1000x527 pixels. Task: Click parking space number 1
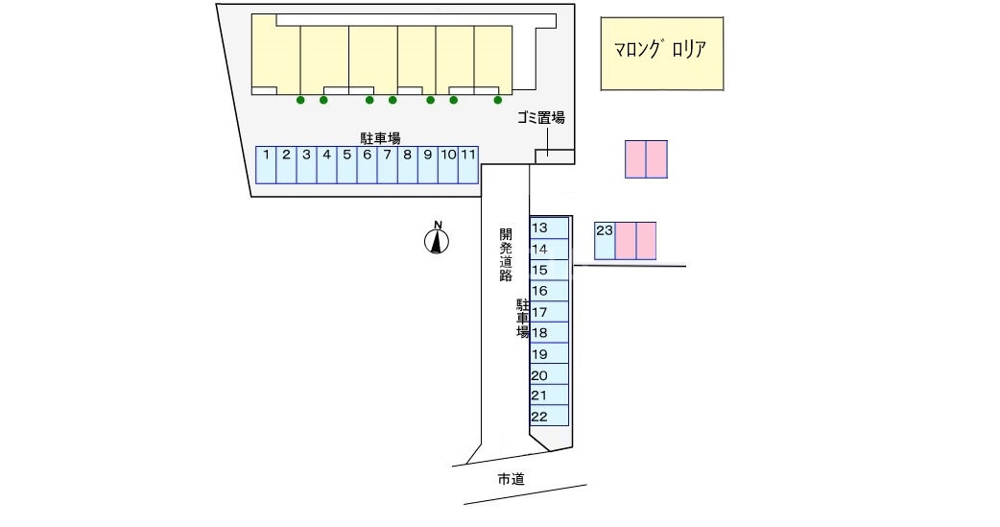tap(266, 164)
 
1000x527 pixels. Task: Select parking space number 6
tap(367, 164)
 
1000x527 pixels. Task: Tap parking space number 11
tap(468, 164)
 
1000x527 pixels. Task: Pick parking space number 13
tap(551, 228)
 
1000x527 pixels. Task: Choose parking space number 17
tap(551, 312)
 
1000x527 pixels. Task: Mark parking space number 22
tap(551, 417)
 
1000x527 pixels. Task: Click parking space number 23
tap(605, 240)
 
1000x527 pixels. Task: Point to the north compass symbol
tap(438, 240)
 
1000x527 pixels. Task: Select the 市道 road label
tap(512, 479)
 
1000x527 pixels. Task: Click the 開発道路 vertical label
tap(506, 254)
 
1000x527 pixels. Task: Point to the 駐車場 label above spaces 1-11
tap(380, 138)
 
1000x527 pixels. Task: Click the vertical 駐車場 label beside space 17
tap(523, 318)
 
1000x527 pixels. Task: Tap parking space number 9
tap(428, 164)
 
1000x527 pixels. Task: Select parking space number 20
tap(551, 375)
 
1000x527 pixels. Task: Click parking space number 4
tap(326, 164)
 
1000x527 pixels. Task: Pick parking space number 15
tap(551, 271)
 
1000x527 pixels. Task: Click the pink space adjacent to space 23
tap(626, 240)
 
